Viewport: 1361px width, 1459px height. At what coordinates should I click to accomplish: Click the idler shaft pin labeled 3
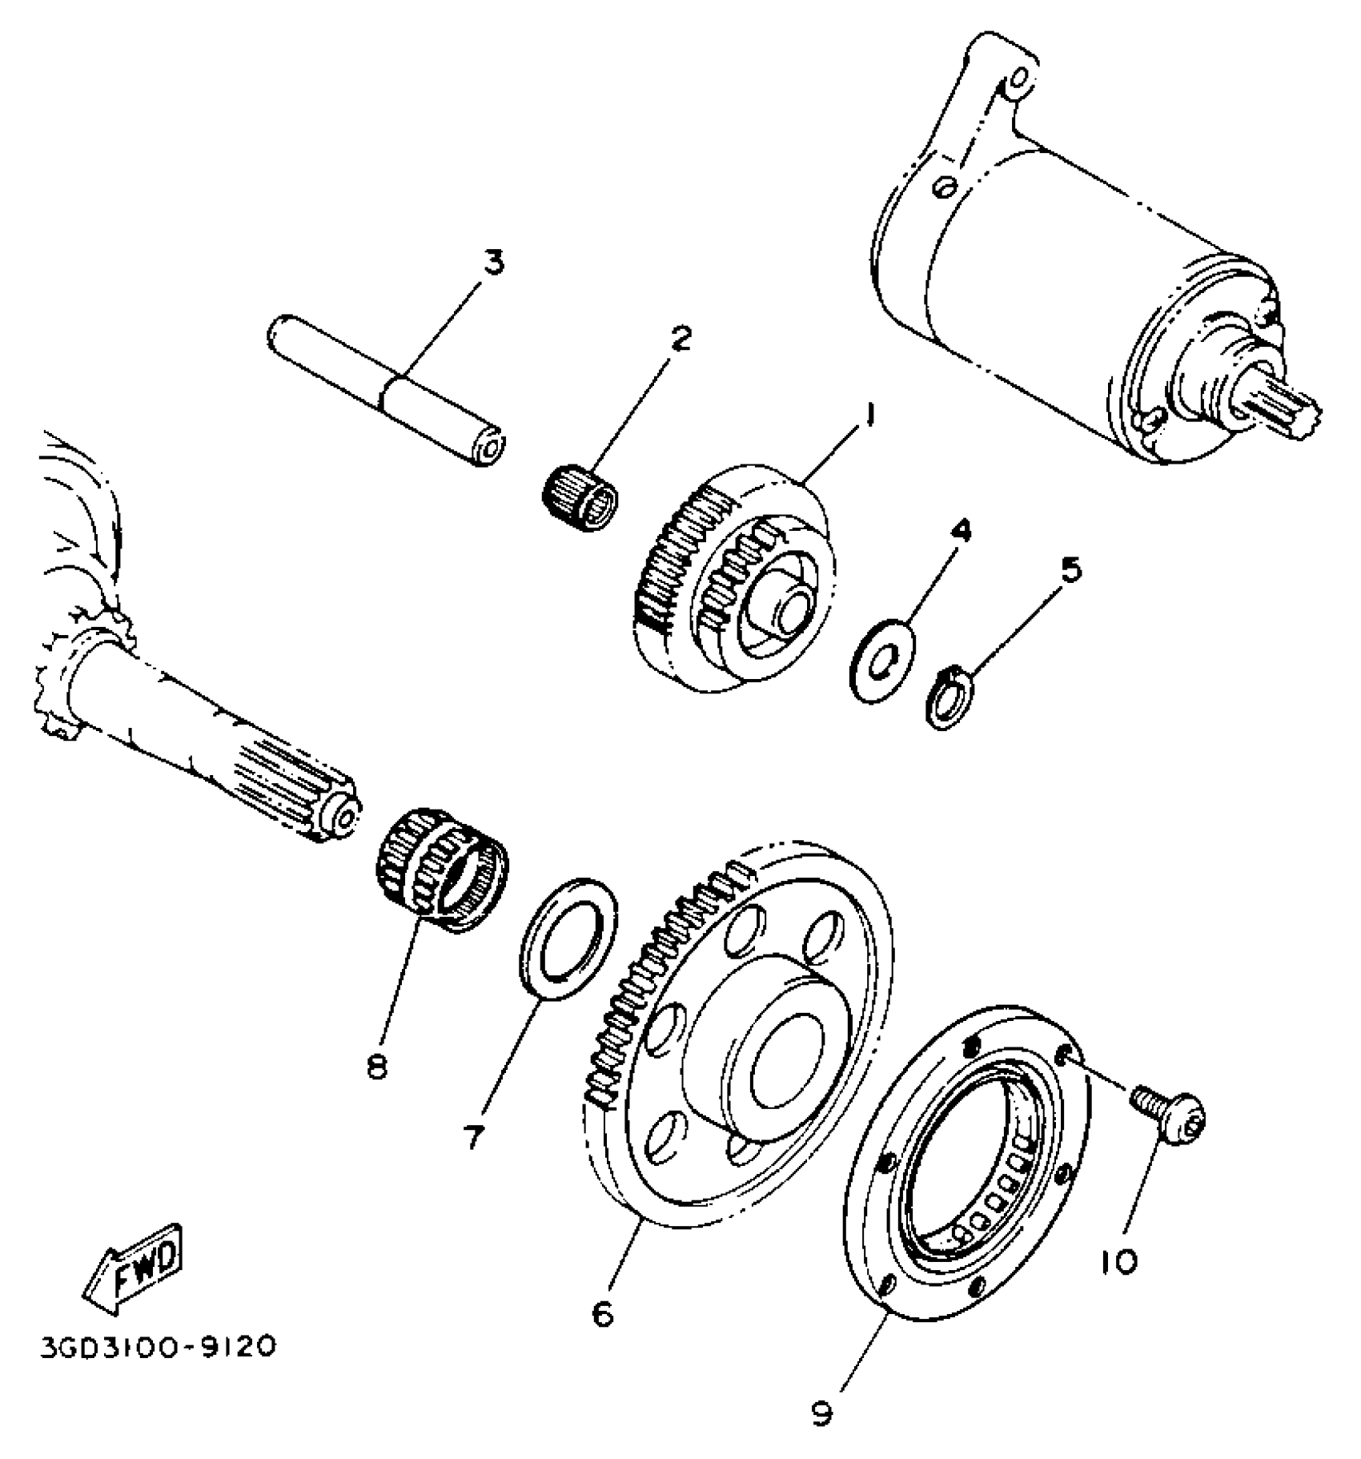coord(384,391)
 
